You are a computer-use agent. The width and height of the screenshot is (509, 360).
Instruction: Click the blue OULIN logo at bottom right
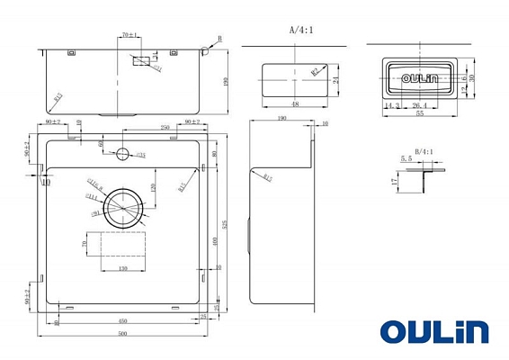tap(433, 330)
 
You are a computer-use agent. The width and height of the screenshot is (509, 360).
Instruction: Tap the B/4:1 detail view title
tap(424, 152)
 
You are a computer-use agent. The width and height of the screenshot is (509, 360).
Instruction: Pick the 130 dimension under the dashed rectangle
tap(121, 267)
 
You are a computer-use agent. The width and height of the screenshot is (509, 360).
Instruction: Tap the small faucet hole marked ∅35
tap(123, 154)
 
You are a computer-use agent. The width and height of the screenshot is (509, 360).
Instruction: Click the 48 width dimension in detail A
tap(294, 103)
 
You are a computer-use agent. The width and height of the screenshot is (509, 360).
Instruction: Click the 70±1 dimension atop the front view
tap(129, 35)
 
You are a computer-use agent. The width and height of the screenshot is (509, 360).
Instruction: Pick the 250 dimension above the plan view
tap(165, 128)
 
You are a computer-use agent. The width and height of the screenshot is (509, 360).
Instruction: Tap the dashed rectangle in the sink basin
tap(122, 245)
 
